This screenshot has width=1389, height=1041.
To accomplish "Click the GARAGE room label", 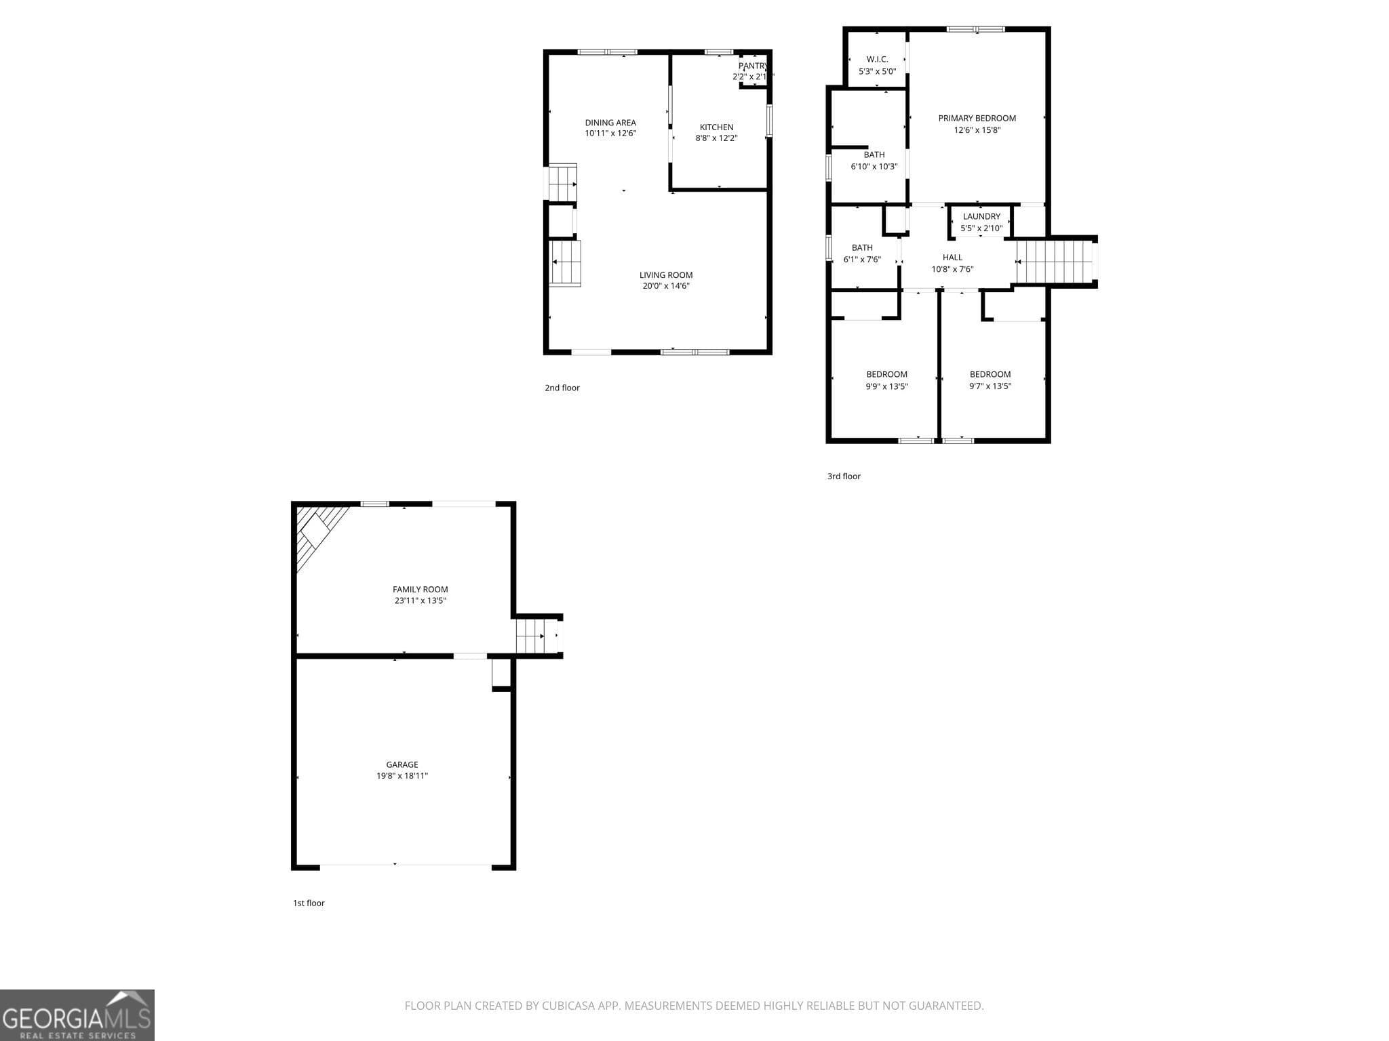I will click(x=402, y=764).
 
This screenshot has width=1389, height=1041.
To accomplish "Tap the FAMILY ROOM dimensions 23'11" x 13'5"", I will click(x=420, y=600).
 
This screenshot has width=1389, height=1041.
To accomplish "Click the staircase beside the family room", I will click(x=530, y=636).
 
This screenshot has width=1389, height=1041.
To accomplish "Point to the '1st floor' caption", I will click(x=309, y=903).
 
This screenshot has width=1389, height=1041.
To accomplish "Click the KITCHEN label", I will click(x=716, y=127).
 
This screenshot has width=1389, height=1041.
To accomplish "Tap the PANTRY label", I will click(x=752, y=66).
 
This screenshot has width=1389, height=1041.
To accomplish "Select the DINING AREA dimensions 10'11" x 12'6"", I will click(x=610, y=134).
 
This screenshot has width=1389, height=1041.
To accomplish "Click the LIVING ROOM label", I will click(x=666, y=274).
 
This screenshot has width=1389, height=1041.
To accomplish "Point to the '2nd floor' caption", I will click(x=562, y=388).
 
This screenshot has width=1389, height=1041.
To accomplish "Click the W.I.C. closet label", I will click(x=877, y=59).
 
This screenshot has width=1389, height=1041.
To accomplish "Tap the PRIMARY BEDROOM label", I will click(x=977, y=118).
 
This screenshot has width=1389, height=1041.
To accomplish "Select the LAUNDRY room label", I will click(x=981, y=216).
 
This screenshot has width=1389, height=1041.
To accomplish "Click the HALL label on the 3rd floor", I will click(x=952, y=257).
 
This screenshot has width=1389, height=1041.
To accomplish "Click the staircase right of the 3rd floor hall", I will click(x=1055, y=262).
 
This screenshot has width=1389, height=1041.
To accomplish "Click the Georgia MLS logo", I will click(x=77, y=1015).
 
